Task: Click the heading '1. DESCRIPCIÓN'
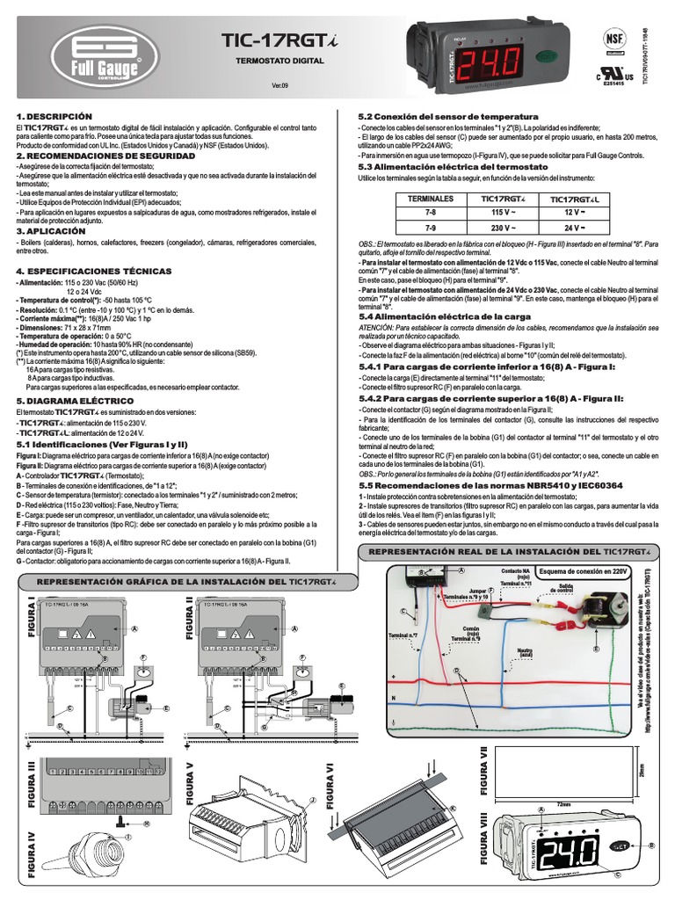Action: (x=54, y=116)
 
